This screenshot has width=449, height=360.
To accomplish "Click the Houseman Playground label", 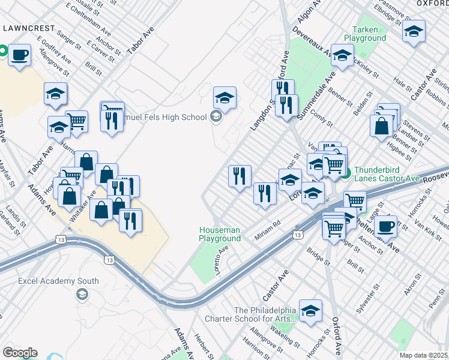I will click(x=220, y=234).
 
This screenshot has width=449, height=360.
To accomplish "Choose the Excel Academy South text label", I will click(x=58, y=281).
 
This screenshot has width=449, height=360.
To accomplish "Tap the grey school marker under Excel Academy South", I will click(x=81, y=294).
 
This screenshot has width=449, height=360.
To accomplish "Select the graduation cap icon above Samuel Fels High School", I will click(x=224, y=98).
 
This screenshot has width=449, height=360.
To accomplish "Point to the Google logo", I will click(x=20, y=353).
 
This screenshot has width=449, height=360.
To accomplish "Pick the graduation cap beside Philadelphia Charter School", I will click(x=310, y=311).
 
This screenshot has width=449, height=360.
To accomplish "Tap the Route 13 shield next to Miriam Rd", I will click(x=297, y=235).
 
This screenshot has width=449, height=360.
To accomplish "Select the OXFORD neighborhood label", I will click(x=432, y=4).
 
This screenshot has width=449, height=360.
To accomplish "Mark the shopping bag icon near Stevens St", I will click(x=381, y=126).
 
